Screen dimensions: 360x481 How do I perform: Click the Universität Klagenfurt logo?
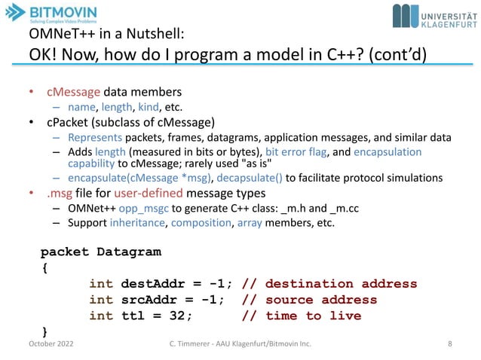[434, 16]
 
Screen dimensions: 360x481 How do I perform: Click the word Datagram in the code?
[128, 251]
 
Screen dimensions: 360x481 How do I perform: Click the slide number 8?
[449, 345]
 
